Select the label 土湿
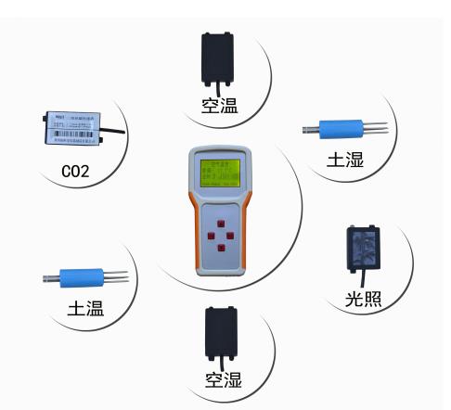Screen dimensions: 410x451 coord(345,160)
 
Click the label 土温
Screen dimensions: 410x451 coord(85,310)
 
